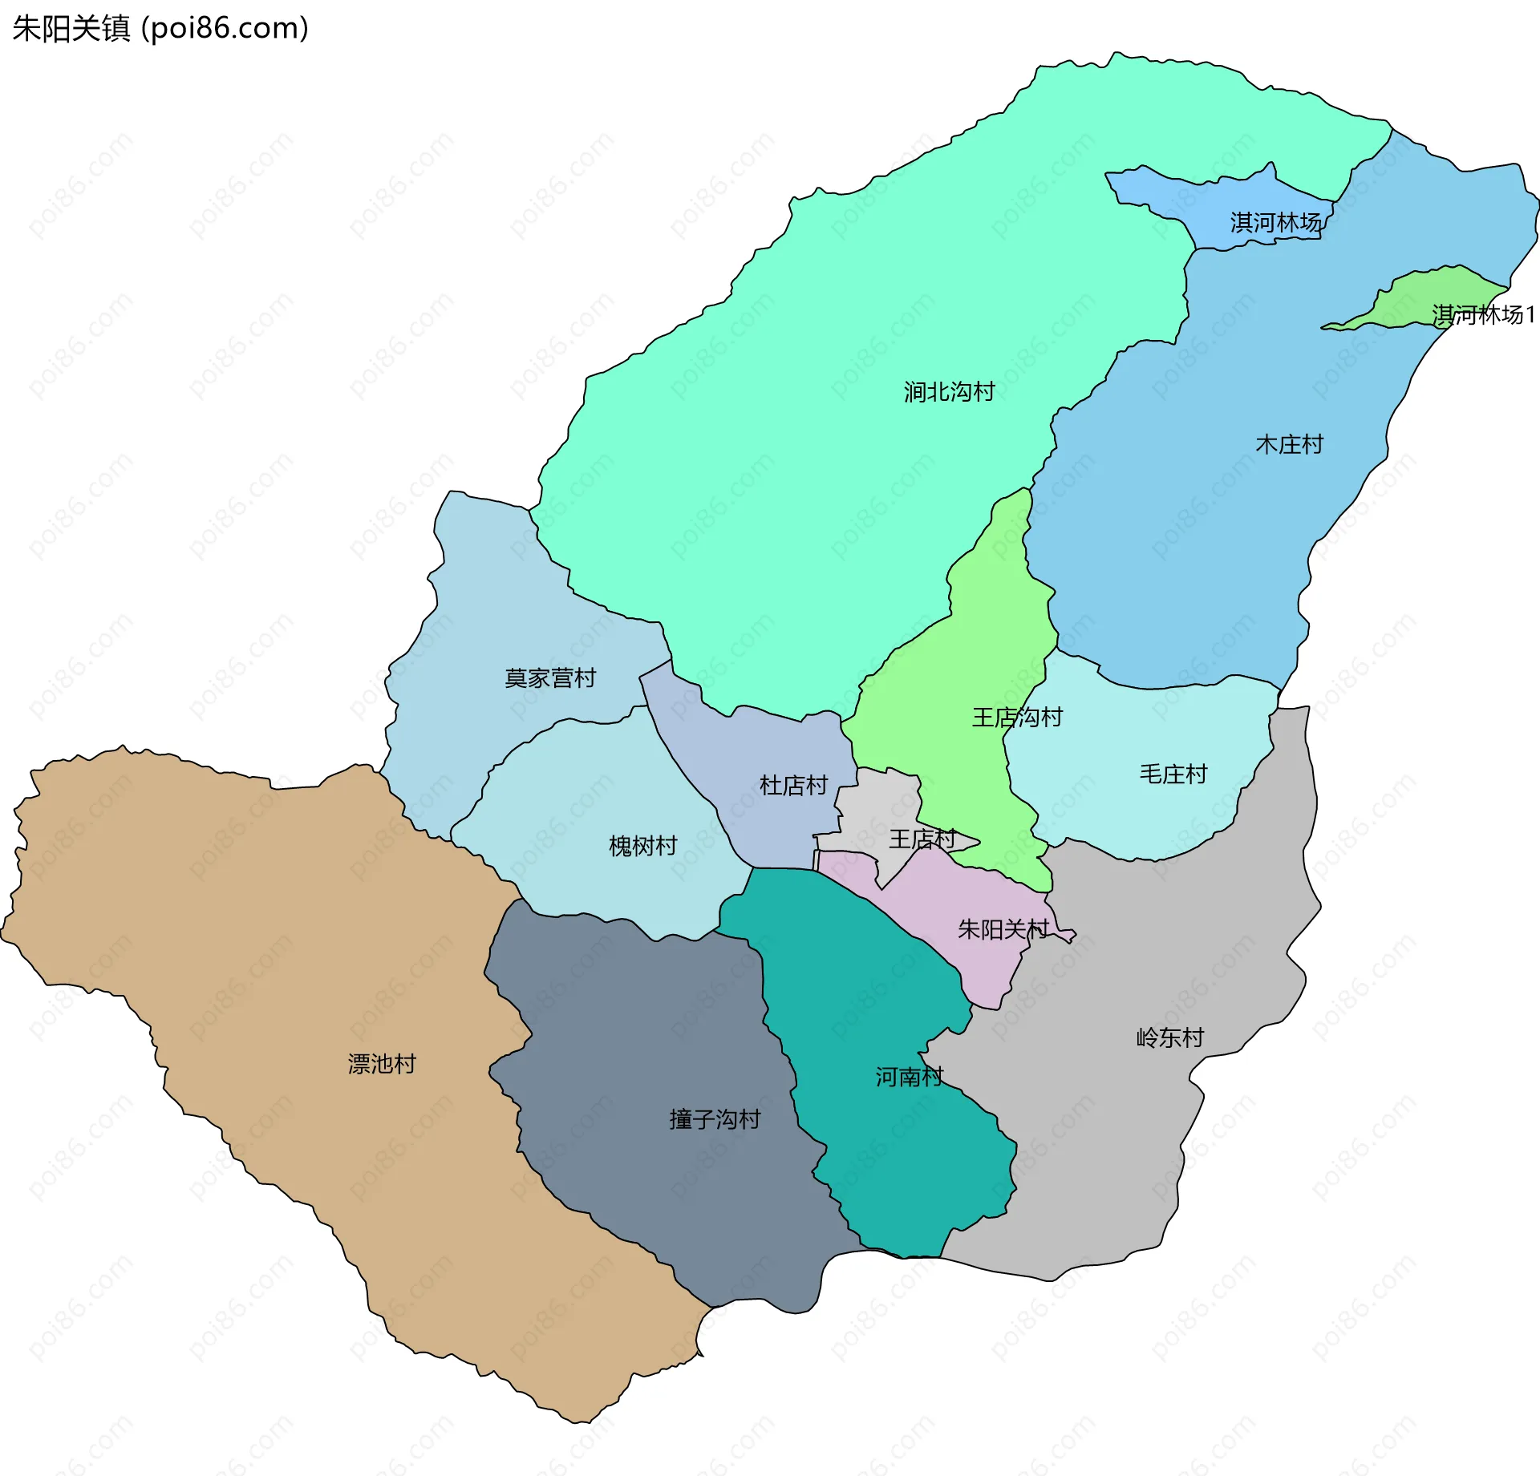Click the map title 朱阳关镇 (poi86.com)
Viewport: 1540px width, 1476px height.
click(160, 28)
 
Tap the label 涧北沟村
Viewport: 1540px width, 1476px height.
click(949, 392)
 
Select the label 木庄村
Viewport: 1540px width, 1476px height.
click(1289, 444)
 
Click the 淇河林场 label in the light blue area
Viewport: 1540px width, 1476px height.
click(1275, 222)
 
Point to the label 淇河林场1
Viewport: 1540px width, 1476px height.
click(1484, 314)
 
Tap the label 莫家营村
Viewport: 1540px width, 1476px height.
click(550, 678)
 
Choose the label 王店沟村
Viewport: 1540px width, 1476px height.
click(1017, 717)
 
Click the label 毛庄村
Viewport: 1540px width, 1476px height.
click(1173, 774)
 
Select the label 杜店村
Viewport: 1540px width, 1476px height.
click(793, 785)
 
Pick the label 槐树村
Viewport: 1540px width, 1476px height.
click(642, 846)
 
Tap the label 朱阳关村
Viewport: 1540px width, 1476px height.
click(1003, 929)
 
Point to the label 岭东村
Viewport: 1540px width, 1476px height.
click(1170, 1037)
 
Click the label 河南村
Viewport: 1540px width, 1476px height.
click(909, 1077)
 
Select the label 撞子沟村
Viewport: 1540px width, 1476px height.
click(715, 1119)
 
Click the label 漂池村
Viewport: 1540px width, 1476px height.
click(382, 1064)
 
